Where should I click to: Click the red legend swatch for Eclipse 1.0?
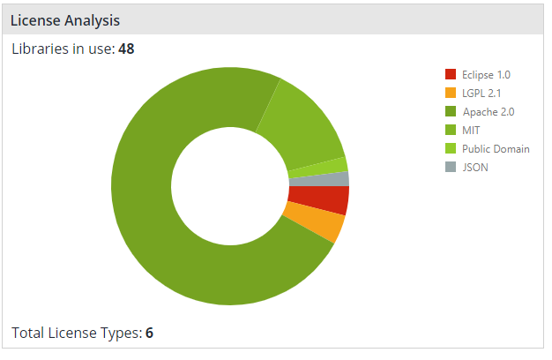[451, 74]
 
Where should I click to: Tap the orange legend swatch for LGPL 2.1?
[451, 93]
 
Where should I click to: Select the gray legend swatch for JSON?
[451, 167]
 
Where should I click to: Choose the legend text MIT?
[472, 130]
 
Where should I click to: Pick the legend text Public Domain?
[496, 148]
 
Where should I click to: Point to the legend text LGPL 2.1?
[481, 93]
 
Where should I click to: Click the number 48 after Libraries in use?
[126, 49]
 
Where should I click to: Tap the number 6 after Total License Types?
[150, 333]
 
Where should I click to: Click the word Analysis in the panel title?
[91, 19]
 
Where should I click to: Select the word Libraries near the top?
[37, 49]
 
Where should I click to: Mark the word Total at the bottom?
[27, 333]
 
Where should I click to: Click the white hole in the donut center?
[229, 185]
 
